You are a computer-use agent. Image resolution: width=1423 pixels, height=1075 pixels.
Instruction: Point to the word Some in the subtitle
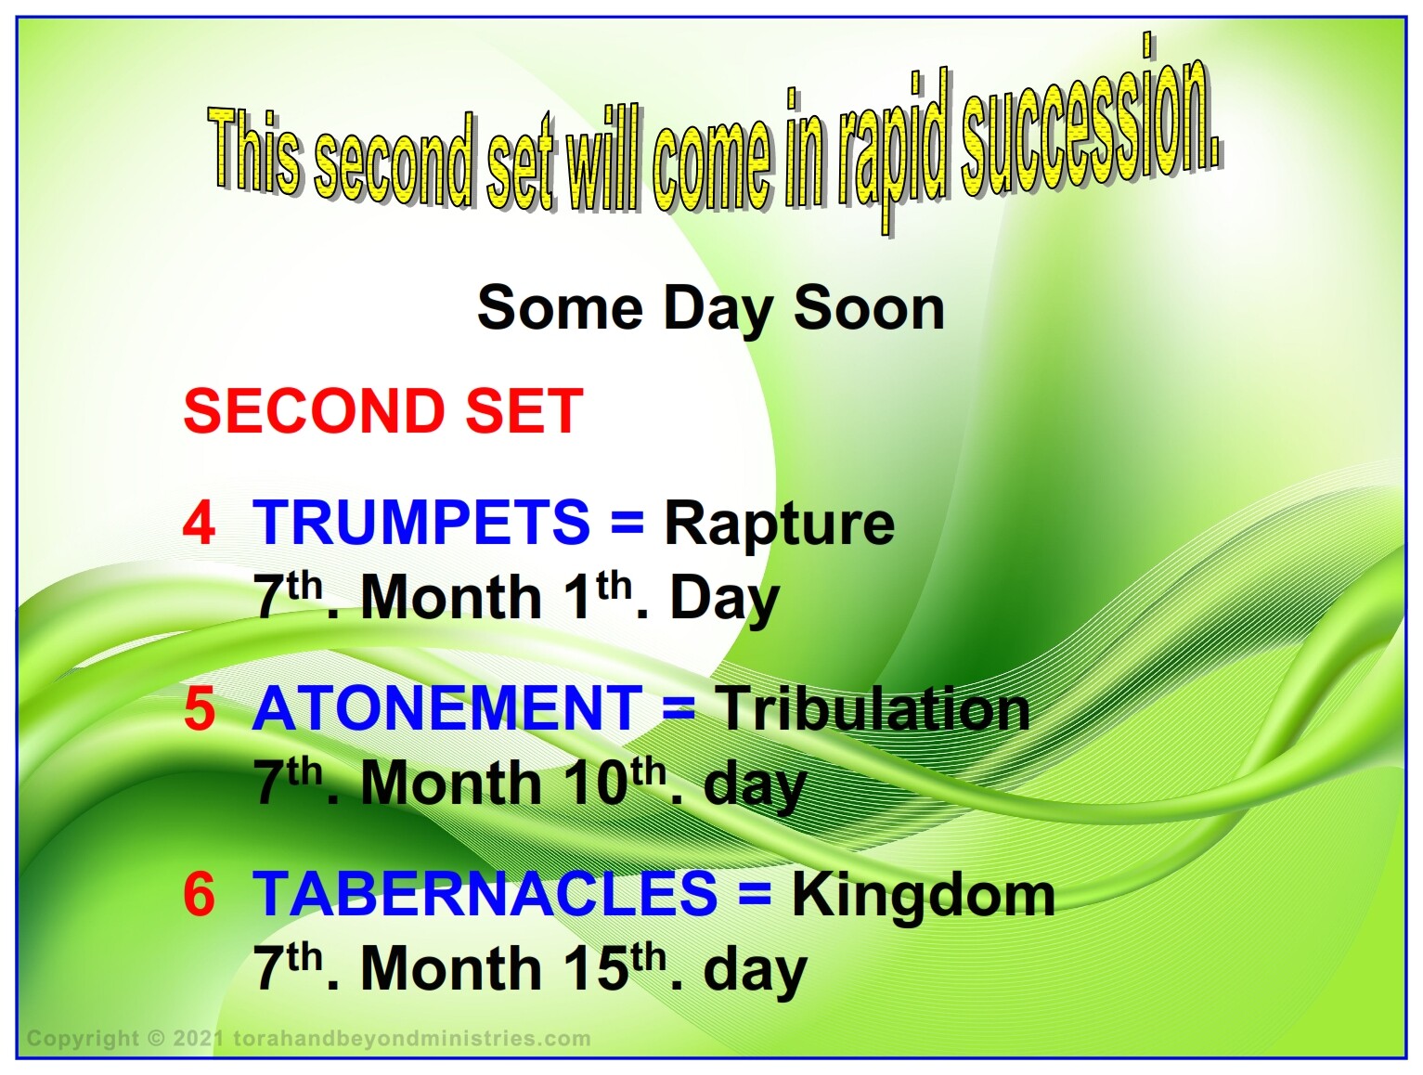[x=560, y=308]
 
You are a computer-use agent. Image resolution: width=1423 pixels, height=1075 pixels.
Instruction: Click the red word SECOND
[x=315, y=410]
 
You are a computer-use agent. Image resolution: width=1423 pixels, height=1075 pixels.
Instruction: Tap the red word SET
[x=524, y=410]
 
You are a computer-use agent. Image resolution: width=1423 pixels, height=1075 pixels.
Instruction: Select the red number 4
[x=199, y=523]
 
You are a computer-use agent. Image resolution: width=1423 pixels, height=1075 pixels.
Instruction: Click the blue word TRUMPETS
[x=421, y=523]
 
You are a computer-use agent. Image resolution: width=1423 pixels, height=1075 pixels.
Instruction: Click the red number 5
[x=199, y=708]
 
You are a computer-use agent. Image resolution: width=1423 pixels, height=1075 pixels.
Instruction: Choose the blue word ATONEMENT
[x=447, y=708]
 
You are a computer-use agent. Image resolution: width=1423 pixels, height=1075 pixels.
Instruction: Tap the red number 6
[x=199, y=894]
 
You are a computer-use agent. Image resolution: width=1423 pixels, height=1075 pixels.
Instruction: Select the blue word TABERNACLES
[x=485, y=894]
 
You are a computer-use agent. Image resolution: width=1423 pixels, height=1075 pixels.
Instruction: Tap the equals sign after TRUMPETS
[x=627, y=523]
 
